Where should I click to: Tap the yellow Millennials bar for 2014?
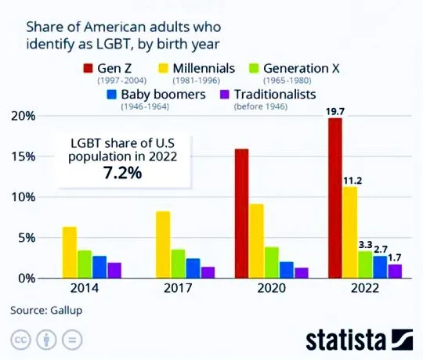(70, 252)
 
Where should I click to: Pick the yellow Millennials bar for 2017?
(163, 244)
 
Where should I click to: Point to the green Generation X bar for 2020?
(272, 262)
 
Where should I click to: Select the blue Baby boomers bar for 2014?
(99, 267)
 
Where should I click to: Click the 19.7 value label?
(335, 111)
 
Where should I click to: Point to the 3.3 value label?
(366, 244)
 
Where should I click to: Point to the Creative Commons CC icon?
(20, 341)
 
